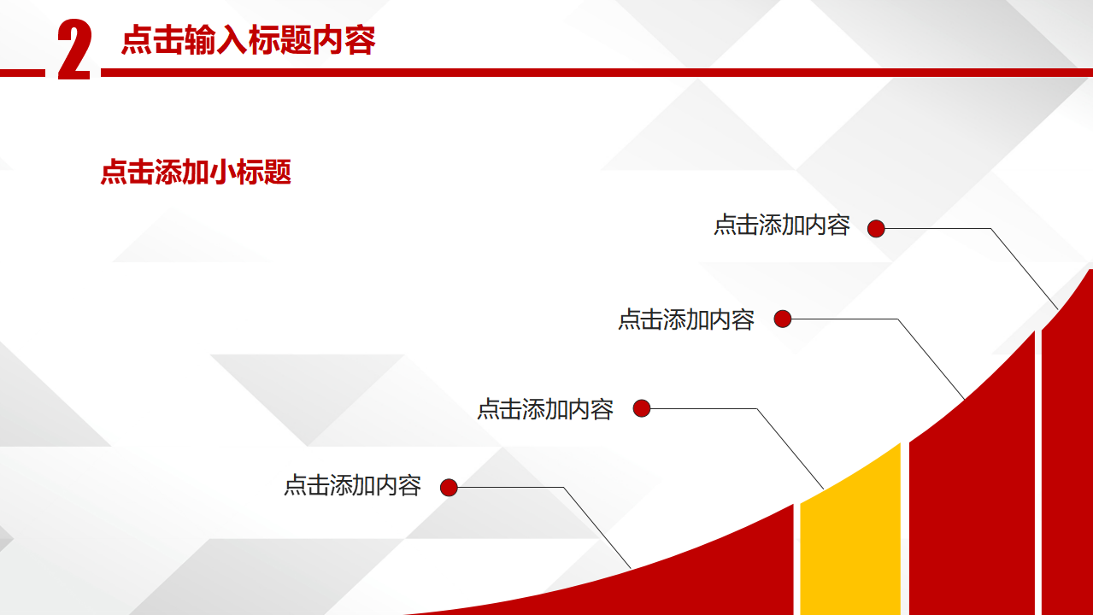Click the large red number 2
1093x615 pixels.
[74, 50]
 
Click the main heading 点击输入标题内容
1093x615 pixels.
[249, 40]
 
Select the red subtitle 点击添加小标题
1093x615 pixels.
[196, 173]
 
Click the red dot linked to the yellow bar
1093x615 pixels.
[642, 408]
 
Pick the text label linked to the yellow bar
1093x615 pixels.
[545, 409]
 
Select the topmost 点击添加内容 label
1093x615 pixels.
[782, 225]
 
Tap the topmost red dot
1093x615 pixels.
[876, 228]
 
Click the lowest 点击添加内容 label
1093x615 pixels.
[352, 486]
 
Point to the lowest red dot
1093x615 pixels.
[449, 487]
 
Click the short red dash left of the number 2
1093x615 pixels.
[22, 73]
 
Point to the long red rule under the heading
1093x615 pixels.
[596, 73]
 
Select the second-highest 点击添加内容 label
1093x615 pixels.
[686, 320]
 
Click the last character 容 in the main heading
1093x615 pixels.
[360, 40]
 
